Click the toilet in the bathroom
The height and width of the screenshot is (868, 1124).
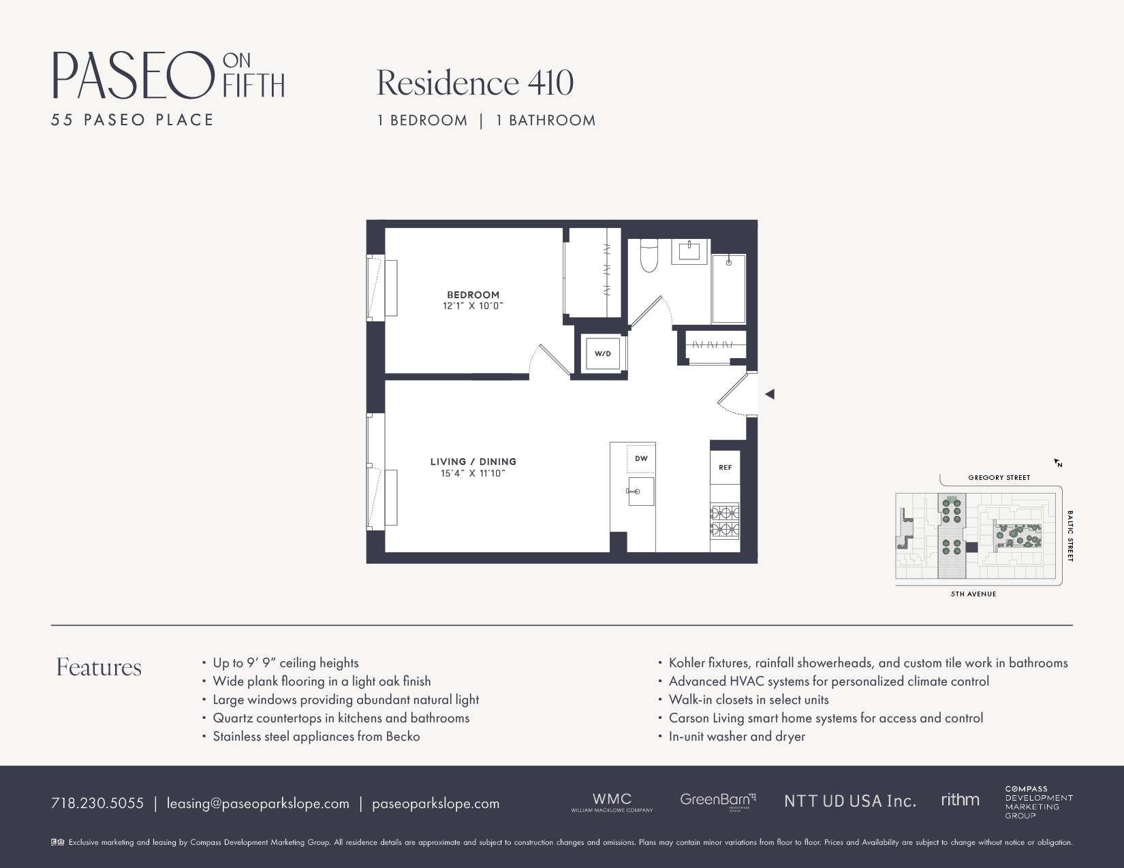[x=649, y=256]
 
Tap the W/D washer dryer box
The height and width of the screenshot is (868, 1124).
[x=603, y=354]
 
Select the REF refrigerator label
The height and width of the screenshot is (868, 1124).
[x=725, y=468]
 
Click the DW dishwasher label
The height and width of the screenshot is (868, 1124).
[x=641, y=459]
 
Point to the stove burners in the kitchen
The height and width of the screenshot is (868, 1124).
[x=725, y=521]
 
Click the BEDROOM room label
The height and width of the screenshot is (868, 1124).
[x=473, y=295]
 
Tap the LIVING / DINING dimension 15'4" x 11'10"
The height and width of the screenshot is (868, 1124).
[x=473, y=473]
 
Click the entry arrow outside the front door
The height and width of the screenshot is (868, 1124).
[x=770, y=394]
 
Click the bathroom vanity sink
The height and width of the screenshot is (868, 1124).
[x=690, y=251]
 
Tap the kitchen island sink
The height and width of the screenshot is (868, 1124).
[x=640, y=491]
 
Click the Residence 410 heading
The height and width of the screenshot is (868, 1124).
[x=475, y=83]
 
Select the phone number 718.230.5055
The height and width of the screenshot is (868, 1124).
[x=97, y=803]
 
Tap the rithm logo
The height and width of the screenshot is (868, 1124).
[x=960, y=800]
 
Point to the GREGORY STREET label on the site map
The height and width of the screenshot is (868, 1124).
[x=999, y=478]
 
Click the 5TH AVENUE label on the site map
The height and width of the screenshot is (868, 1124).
[x=973, y=594]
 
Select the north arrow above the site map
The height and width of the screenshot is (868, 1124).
[x=1059, y=463]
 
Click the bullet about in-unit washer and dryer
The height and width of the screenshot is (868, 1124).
[x=736, y=737]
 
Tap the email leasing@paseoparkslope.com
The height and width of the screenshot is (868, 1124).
[x=257, y=803]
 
